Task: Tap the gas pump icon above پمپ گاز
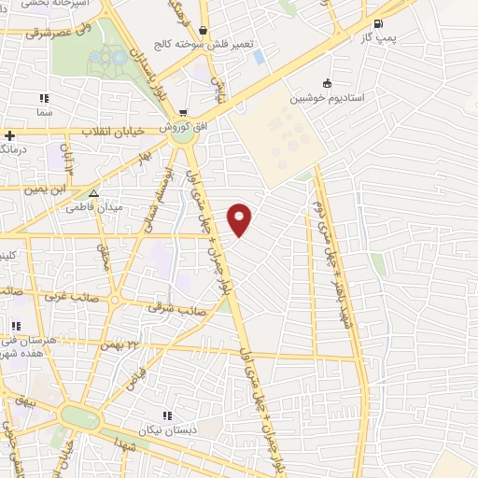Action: (x=377, y=24)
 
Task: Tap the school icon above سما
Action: (x=43, y=98)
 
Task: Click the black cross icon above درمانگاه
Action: (x=8, y=136)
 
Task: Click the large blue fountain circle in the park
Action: (x=119, y=58)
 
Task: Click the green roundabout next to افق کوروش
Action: (x=185, y=131)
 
